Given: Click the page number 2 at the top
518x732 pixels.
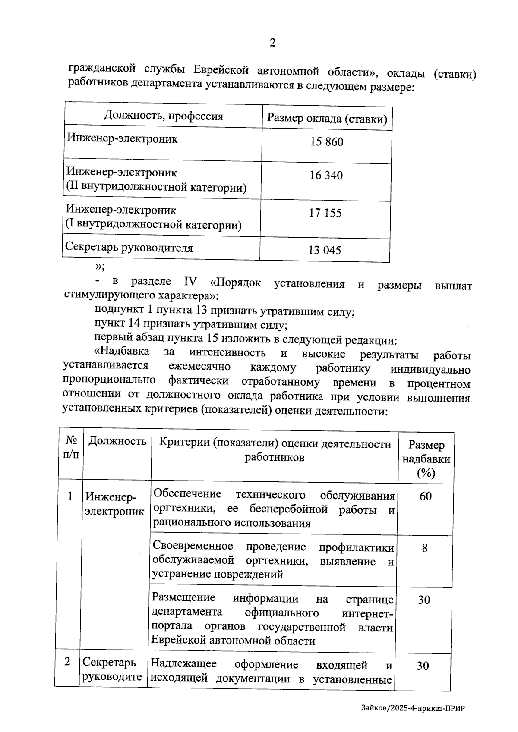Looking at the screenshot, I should (272, 43).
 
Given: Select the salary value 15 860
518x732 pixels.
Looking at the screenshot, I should (327, 141).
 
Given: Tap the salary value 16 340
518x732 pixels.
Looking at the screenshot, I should (326, 175).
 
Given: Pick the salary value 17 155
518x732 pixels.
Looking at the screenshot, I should (325, 213).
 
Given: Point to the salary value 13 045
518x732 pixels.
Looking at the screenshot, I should (325, 250).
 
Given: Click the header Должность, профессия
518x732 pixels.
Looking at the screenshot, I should (164, 116).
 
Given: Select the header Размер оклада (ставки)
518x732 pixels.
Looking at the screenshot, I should (327, 119).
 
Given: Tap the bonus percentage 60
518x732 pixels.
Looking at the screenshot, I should (425, 496).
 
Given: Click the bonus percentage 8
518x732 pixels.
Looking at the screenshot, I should (425, 548).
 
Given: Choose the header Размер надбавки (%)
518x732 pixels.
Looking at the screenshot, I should (426, 459).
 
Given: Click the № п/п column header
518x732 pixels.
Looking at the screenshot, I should (71, 447).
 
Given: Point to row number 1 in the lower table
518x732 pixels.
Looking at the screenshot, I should (70, 496).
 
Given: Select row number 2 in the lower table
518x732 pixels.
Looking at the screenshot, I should (67, 661).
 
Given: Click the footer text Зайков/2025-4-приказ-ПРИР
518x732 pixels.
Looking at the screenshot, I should (414, 709).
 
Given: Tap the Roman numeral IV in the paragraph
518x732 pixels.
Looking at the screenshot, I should (190, 282).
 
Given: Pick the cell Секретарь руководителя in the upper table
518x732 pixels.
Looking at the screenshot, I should (129, 248).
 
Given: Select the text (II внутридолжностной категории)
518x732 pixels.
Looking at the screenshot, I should (156, 187).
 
